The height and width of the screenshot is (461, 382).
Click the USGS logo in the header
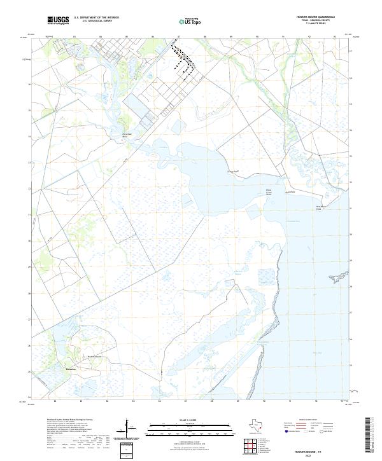click(58, 21)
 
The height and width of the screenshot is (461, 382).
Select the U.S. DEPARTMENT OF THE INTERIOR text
click(96, 18)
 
